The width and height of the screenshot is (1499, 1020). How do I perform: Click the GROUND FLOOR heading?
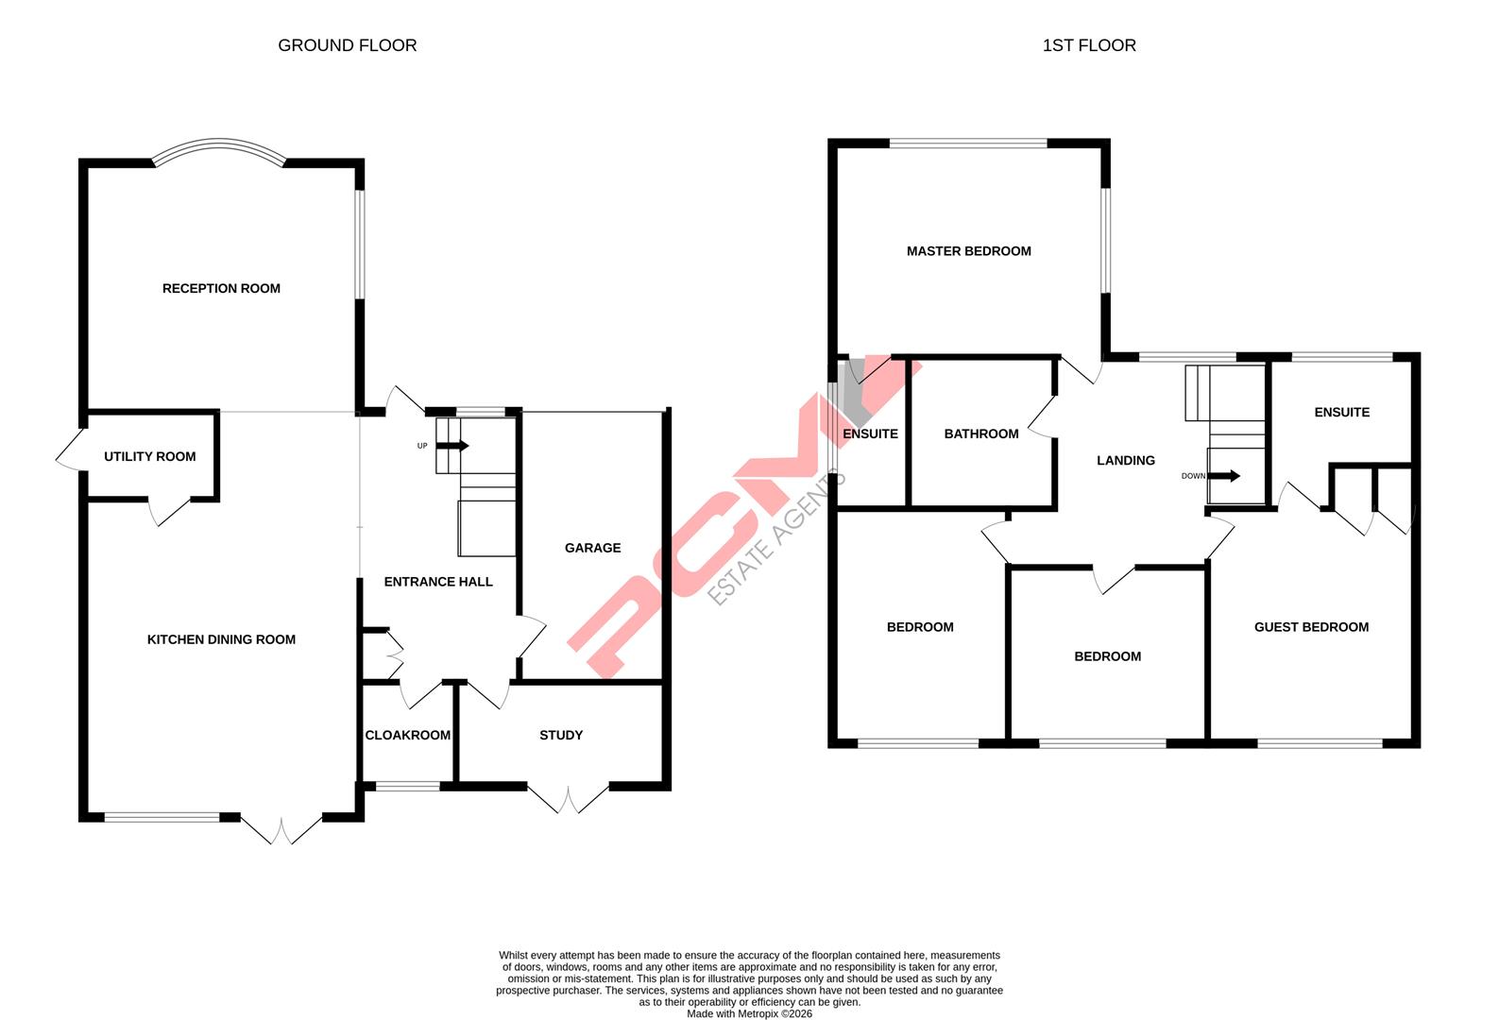click(x=347, y=45)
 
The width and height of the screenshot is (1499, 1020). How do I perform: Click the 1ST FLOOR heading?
click(x=1088, y=45)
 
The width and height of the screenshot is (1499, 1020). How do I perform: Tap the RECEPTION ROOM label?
click(x=221, y=289)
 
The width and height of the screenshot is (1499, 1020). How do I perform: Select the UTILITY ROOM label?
click(x=149, y=457)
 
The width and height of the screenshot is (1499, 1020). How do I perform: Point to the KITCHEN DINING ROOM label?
click(x=221, y=640)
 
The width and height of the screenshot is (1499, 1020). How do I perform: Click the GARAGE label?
click(x=592, y=549)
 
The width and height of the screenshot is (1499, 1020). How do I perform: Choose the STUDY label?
click(x=561, y=736)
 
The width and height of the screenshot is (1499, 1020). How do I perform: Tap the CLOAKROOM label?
click(x=407, y=736)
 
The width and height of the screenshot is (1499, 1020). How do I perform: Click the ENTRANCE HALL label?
click(x=438, y=583)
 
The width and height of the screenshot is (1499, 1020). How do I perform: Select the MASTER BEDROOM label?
click(x=968, y=251)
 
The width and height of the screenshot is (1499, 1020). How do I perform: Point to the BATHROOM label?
click(x=981, y=434)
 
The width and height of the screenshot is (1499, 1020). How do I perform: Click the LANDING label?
click(x=1125, y=461)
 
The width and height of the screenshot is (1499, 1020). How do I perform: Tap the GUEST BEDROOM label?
click(x=1310, y=628)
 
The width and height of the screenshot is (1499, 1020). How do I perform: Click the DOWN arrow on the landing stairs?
click(x=1227, y=476)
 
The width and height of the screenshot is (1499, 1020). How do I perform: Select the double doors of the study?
click(x=568, y=800)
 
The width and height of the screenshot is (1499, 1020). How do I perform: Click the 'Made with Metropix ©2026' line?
click(x=749, y=1014)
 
